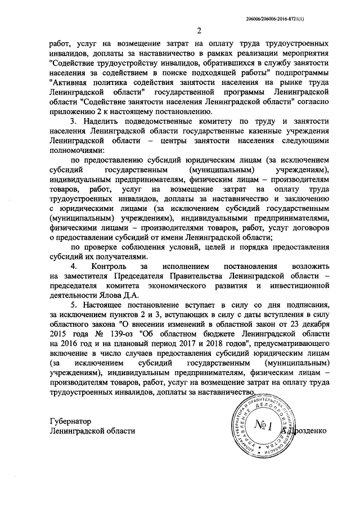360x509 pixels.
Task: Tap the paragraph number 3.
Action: point(72,121)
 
